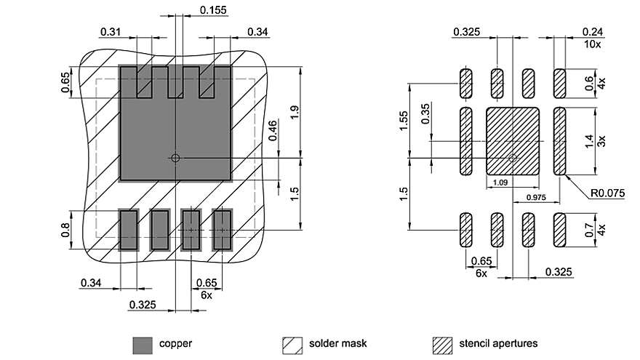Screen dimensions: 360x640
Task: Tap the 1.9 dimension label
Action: (x=292, y=113)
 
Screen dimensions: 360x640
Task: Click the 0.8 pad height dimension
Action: (x=65, y=231)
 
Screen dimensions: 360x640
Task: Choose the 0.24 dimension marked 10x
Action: (x=593, y=32)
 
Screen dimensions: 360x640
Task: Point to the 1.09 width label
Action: (x=500, y=183)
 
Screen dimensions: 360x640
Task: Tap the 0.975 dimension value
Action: (x=536, y=196)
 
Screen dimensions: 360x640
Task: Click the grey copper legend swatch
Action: (x=143, y=343)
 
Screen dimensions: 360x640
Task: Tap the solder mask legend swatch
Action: (x=292, y=343)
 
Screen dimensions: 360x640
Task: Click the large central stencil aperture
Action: (x=512, y=141)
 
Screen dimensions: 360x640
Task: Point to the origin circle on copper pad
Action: (x=175, y=156)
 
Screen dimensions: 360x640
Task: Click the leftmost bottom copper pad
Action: (x=128, y=229)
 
